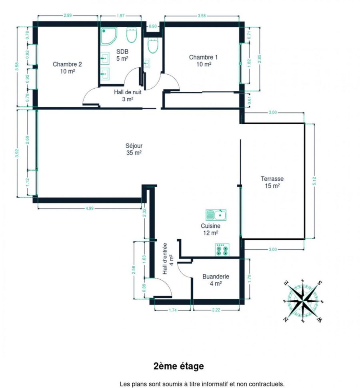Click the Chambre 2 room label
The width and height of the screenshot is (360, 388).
pyautogui.click(x=67, y=68)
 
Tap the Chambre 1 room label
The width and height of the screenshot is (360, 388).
pyautogui.click(x=204, y=61)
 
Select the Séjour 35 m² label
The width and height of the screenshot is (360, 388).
pyautogui.click(x=134, y=149)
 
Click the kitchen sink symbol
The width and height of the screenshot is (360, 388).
pyautogui.click(x=216, y=215)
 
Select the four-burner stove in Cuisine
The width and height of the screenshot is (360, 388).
pyautogui.click(x=222, y=250)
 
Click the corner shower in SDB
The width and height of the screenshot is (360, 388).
pyautogui.click(x=108, y=36)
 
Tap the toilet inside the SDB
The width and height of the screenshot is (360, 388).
pyautogui.click(x=132, y=35)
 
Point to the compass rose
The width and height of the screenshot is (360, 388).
pyautogui.click(x=303, y=301)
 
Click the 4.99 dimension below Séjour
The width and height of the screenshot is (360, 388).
pyautogui.click(x=90, y=208)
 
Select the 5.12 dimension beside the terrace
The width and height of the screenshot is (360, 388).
pyautogui.click(x=314, y=181)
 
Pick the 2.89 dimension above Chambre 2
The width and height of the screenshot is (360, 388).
pyautogui.click(x=68, y=15)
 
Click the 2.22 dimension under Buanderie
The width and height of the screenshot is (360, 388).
pyautogui.click(x=216, y=310)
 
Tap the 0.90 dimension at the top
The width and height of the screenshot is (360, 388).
pyautogui.click(x=153, y=26)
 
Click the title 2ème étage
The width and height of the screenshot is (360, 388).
pyautogui.click(x=179, y=366)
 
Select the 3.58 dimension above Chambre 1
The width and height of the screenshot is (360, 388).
pyautogui.click(x=202, y=16)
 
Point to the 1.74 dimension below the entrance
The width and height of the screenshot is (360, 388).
pyautogui.click(x=172, y=310)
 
